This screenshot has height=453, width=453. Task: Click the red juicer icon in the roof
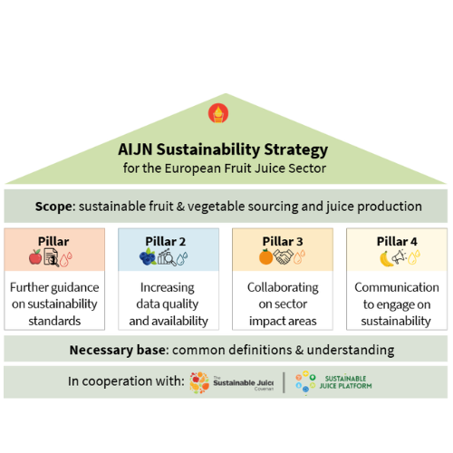tap(218, 113)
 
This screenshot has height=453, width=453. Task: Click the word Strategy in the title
tap(295, 150)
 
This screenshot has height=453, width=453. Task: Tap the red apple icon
tap(35, 257)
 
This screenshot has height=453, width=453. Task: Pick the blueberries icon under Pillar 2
tap(148, 257)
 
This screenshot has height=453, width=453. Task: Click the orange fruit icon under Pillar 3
tap(265, 256)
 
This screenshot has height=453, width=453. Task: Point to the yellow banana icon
tap(386, 259)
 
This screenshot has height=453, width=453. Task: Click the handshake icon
tap(283, 256)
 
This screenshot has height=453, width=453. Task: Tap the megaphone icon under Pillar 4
tap(399, 258)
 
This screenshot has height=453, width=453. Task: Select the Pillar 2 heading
tap(166, 241)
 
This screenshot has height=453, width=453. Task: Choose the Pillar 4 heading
tap(397, 241)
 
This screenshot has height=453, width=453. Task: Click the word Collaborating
tap(283, 288)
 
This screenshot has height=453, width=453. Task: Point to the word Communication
tap(397, 287)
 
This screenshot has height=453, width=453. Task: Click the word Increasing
tap(167, 288)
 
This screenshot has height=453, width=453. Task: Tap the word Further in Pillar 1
tap(28, 287)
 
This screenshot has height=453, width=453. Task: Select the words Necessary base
tap(118, 350)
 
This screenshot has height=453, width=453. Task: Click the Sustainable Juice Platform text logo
tap(345, 382)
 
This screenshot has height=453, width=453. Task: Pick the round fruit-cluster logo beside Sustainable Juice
tap(199, 382)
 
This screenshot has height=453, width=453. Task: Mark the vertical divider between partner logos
tap(284, 382)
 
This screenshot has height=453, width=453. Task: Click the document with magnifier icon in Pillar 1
tap(52, 257)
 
